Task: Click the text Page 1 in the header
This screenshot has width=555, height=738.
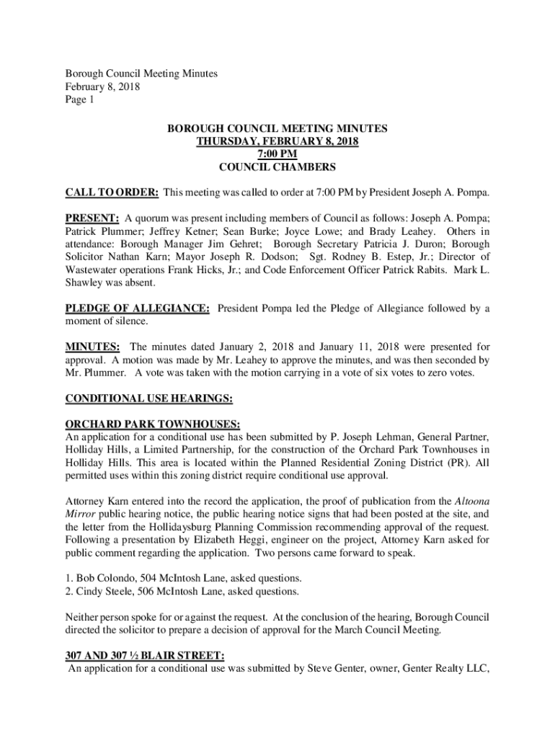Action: [x=80, y=100]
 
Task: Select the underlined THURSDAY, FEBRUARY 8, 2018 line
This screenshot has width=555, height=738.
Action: [x=277, y=141]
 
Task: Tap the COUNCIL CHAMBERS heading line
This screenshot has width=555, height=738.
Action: [x=277, y=167]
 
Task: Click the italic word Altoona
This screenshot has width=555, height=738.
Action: [x=473, y=500]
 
